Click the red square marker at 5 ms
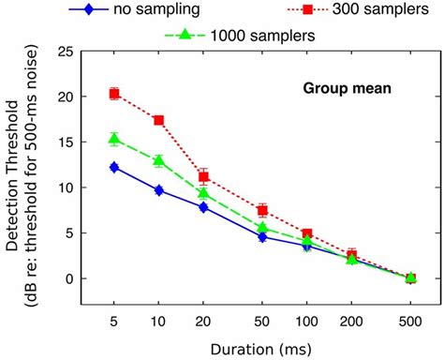[114, 94]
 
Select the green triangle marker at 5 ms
[114, 139]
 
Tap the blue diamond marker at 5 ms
[114, 167]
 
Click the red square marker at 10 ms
[159, 120]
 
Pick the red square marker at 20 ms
[204, 176]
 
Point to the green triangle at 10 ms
[159, 160]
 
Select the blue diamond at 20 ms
[204, 207]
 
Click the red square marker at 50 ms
[263, 210]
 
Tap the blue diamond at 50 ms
[263, 236]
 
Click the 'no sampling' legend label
[164, 11]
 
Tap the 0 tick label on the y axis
[67, 278]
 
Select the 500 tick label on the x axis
[411, 322]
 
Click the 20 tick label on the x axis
[204, 322]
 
